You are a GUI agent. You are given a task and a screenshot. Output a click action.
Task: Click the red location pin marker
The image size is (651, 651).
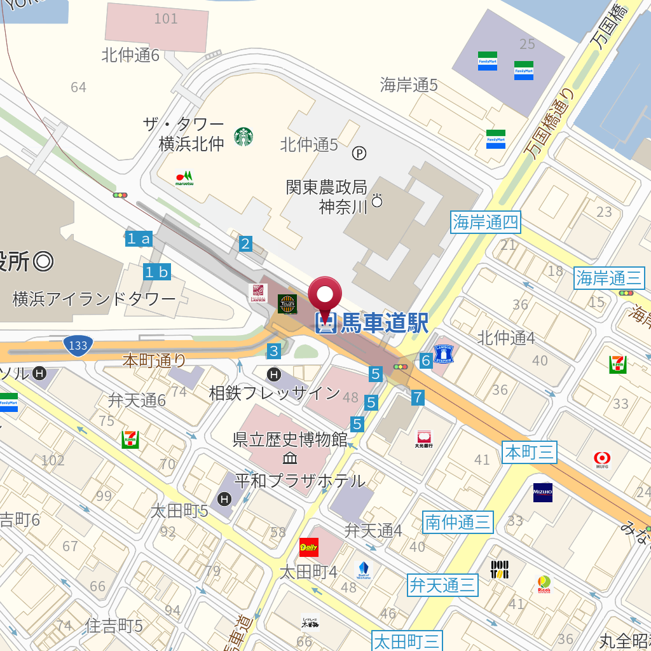(x=325, y=296)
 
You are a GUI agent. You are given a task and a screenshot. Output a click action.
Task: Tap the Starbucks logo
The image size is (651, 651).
(x=243, y=136)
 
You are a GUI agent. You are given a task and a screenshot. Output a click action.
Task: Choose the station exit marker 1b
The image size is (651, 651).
(x=157, y=272)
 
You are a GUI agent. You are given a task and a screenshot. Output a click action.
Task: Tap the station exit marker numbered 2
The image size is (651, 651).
(x=245, y=243)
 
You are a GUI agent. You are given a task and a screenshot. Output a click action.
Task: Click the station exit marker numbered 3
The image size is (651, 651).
(x=273, y=350)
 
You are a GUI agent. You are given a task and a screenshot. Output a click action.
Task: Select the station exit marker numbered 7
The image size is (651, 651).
(x=417, y=397)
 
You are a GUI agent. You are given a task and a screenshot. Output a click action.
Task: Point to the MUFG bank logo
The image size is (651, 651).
(x=602, y=458)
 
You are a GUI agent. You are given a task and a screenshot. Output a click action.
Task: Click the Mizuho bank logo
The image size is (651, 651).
(x=543, y=493)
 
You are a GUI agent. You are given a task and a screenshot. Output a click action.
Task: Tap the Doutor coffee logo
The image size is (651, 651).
(x=499, y=569)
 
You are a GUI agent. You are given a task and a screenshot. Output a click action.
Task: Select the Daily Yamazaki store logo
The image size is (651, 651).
(x=309, y=547)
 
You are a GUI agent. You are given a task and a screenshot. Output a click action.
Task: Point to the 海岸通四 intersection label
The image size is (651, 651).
(x=486, y=223)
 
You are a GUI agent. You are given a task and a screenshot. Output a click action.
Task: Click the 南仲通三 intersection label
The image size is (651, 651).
(x=458, y=523)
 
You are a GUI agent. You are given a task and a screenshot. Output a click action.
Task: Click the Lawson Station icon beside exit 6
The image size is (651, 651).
(x=443, y=353)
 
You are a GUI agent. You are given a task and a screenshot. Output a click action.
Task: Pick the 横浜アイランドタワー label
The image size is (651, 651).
(x=94, y=299)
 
